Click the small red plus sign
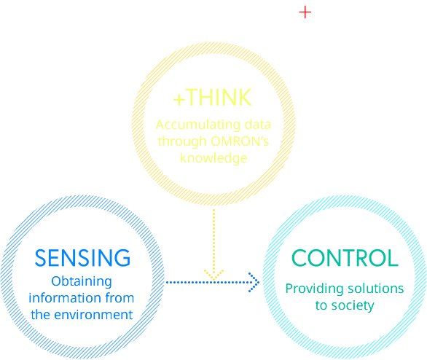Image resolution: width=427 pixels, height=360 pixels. coord(305,12)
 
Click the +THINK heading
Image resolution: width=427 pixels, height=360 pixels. coord(213,98)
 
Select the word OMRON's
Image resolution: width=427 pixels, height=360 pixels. coord(240,141)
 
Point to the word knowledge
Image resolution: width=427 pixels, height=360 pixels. coord(213,158)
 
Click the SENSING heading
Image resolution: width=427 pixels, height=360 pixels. coord(82,257)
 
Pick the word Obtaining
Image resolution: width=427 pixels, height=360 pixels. coord(82,281)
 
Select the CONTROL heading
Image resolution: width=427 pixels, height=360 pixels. coord(345,257)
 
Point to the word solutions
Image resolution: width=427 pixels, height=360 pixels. coord(375,289)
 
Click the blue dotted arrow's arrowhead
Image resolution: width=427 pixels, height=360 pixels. coord(254,283)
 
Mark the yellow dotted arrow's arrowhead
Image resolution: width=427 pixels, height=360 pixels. coord(213,275)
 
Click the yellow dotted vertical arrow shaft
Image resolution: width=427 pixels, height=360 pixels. coord(213,243)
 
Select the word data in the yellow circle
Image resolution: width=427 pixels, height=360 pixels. coord(258,125)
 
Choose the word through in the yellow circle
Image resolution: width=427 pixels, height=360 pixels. coord(182,141)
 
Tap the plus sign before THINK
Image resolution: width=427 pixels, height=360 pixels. coord(179,99)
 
